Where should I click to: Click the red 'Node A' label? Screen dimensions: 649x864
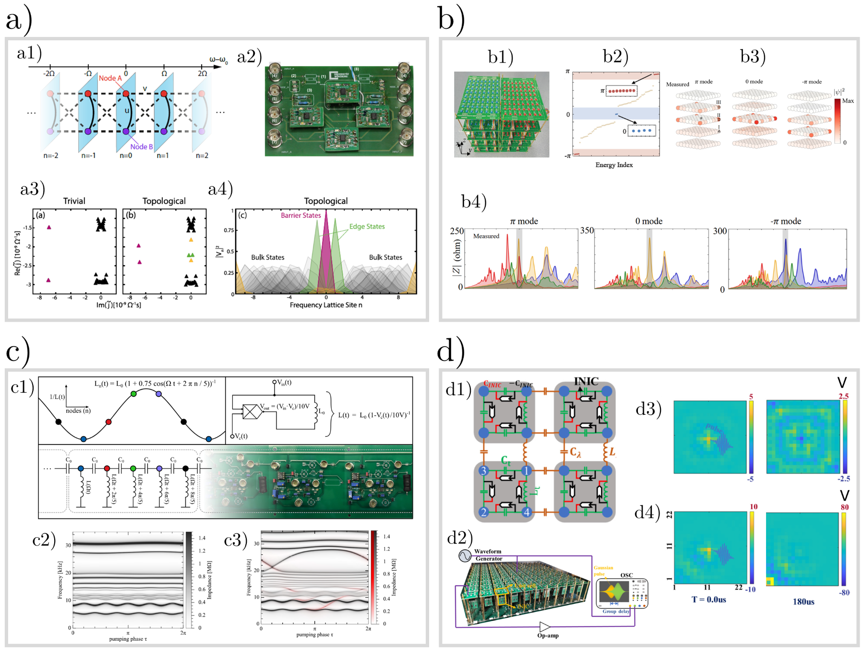pyautogui.click(x=110, y=78)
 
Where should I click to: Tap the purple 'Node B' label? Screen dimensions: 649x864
pyautogui.click(x=141, y=146)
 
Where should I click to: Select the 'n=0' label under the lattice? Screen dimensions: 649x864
pyautogui.click(x=126, y=156)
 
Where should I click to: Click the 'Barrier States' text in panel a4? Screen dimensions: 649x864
pyautogui.click(x=300, y=215)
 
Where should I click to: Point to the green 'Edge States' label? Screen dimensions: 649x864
pyautogui.click(x=367, y=226)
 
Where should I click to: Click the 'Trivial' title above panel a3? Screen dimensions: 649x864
pyautogui.click(x=74, y=201)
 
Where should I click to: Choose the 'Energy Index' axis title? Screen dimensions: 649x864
pyautogui.click(x=614, y=165)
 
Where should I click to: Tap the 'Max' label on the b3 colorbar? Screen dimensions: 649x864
pyautogui.click(x=848, y=101)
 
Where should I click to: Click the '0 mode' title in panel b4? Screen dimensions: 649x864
pyautogui.click(x=648, y=221)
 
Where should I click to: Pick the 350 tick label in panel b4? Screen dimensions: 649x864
pyautogui.click(x=587, y=230)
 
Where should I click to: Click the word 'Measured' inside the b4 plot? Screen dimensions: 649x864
pyautogui.click(x=486, y=236)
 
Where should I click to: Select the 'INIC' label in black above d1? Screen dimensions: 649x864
pyautogui.click(x=586, y=381)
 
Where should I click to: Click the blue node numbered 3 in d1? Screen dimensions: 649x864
pyautogui.click(x=483, y=470)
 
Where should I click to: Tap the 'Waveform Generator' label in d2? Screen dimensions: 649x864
pyautogui.click(x=488, y=555)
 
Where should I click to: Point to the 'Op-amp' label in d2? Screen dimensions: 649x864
pyautogui.click(x=548, y=636)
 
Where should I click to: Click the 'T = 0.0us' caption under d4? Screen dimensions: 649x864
pyautogui.click(x=708, y=599)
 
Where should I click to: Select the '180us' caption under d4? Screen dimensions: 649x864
pyautogui.click(x=803, y=601)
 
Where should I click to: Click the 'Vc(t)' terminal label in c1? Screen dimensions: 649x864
pyautogui.click(x=240, y=436)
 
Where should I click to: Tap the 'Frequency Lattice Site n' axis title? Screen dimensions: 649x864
pyautogui.click(x=325, y=305)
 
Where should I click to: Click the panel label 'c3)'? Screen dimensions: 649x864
pyautogui.click(x=235, y=540)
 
